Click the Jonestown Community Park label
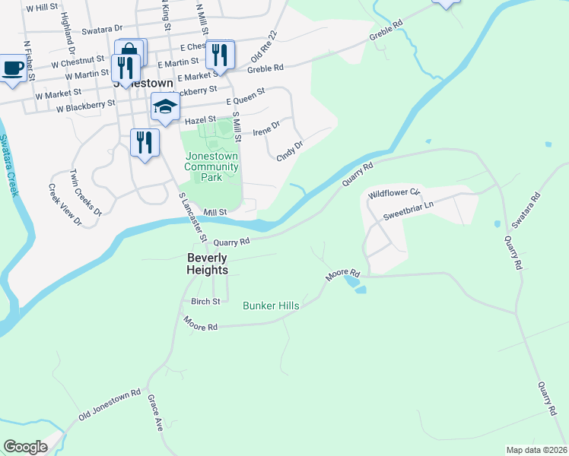click(211, 166)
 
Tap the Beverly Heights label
click(208, 264)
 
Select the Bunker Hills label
click(271, 306)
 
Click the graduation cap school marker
click(164, 107)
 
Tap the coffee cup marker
click(12, 69)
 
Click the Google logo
click(25, 447)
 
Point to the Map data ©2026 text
click(536, 450)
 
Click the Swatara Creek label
click(8, 166)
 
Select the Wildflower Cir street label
click(394, 194)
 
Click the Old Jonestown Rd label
click(110, 405)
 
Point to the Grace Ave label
click(155, 413)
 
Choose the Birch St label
click(205, 301)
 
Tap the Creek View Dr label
click(65, 204)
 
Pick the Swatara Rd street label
click(526, 210)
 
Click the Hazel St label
click(201, 120)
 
